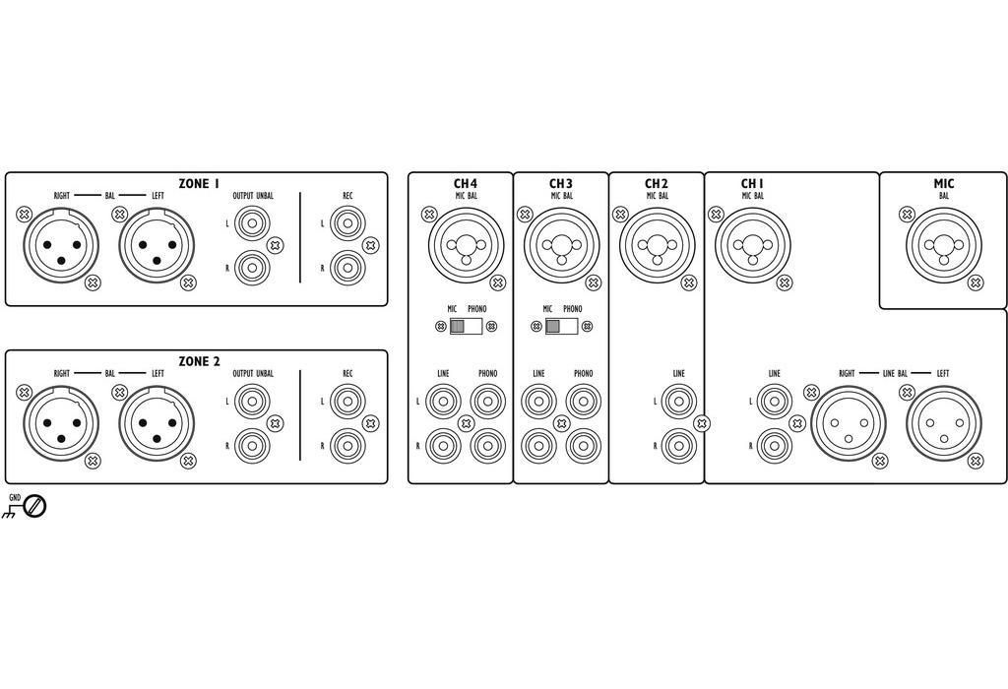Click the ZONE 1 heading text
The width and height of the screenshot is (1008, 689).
(x=199, y=183)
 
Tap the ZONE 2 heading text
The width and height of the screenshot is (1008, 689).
(x=199, y=361)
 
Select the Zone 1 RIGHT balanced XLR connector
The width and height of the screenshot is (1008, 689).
(x=61, y=243)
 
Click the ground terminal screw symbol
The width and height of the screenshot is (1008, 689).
(x=35, y=507)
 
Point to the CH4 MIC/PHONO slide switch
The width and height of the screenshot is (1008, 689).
(x=466, y=327)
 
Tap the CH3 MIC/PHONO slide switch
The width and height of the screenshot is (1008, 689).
(x=561, y=327)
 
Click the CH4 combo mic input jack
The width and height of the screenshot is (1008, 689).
(x=466, y=243)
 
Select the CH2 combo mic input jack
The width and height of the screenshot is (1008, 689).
(x=657, y=243)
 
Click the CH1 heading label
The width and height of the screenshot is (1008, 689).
(x=753, y=183)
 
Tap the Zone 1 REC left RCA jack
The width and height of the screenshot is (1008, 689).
(x=347, y=223)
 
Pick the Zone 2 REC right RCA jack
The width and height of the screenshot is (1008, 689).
(x=347, y=445)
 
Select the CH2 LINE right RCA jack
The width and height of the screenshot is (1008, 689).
(x=678, y=445)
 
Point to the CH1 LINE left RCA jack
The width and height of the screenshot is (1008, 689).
(x=774, y=401)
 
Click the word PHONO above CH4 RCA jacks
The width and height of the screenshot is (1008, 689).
(x=488, y=374)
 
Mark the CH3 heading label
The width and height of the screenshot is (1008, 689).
(x=561, y=183)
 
